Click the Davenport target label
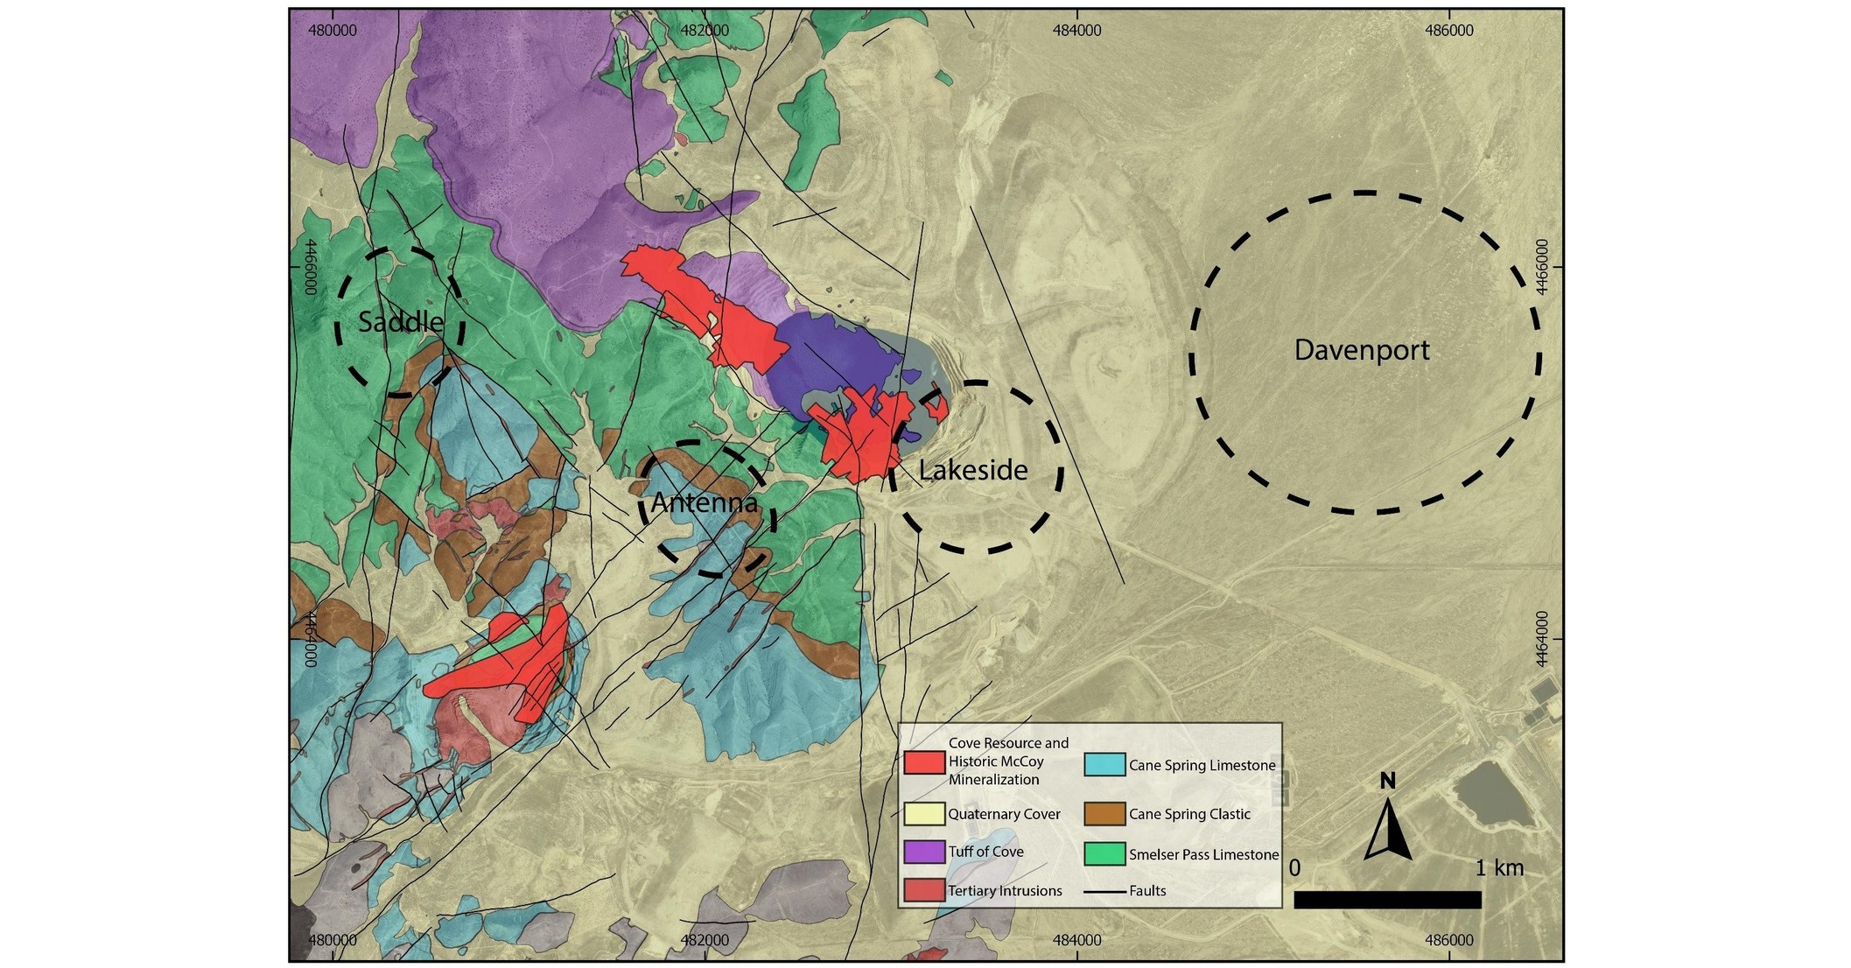pyautogui.click(x=1362, y=351)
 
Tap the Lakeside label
pyautogui.click(x=973, y=470)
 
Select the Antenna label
pyautogui.click(x=704, y=502)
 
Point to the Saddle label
pyautogui.click(x=401, y=321)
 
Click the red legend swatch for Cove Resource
pyautogui.click(x=924, y=761)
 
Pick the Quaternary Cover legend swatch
pyautogui.click(x=924, y=814)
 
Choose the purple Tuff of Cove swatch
pyautogui.click(x=924, y=852)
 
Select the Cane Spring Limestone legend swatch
pyautogui.click(x=1104, y=765)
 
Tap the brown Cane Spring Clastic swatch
pyautogui.click(x=1104, y=814)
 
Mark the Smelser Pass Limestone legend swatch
pyautogui.click(x=1104, y=854)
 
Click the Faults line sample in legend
pyautogui.click(x=1104, y=892)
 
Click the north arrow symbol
pyautogui.click(x=1388, y=831)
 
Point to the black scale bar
pyautogui.click(x=1387, y=900)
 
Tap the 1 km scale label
pyautogui.click(x=1499, y=868)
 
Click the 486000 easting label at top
pyautogui.click(x=1448, y=30)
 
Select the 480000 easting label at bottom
pyautogui.click(x=333, y=940)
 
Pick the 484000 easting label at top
pyautogui.click(x=1076, y=30)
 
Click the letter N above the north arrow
pyautogui.click(x=1388, y=781)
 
